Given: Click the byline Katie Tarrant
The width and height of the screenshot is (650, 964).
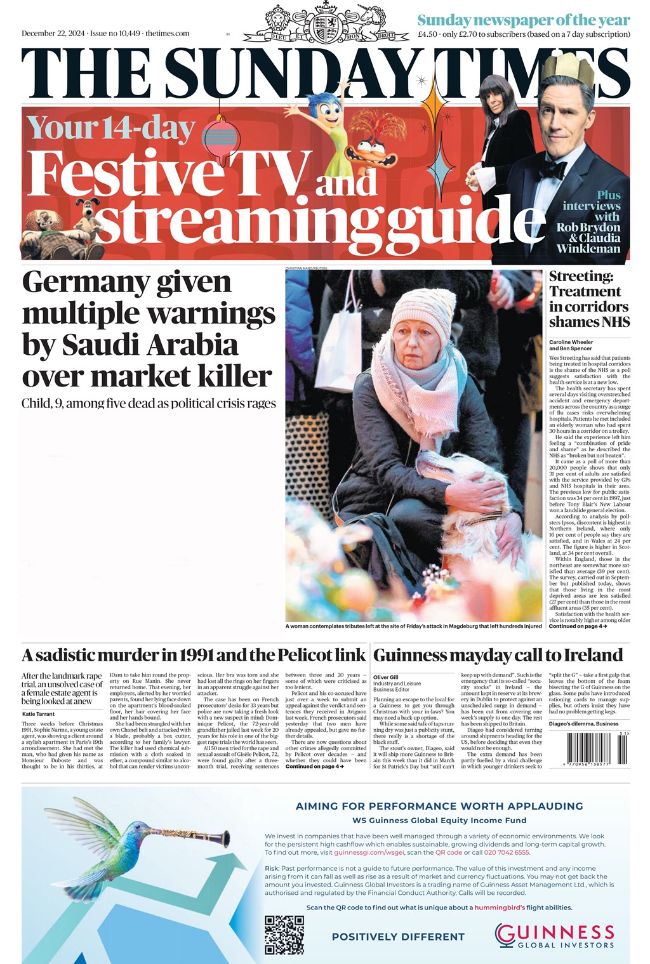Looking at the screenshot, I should (38, 714).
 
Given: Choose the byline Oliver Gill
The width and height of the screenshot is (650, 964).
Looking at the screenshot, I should (387, 677).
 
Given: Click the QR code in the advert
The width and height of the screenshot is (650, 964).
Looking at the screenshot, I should (284, 934).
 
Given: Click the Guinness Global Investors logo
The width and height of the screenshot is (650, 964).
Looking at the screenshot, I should (555, 935).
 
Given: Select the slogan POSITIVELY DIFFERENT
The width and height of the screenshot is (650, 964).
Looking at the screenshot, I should (398, 937).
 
